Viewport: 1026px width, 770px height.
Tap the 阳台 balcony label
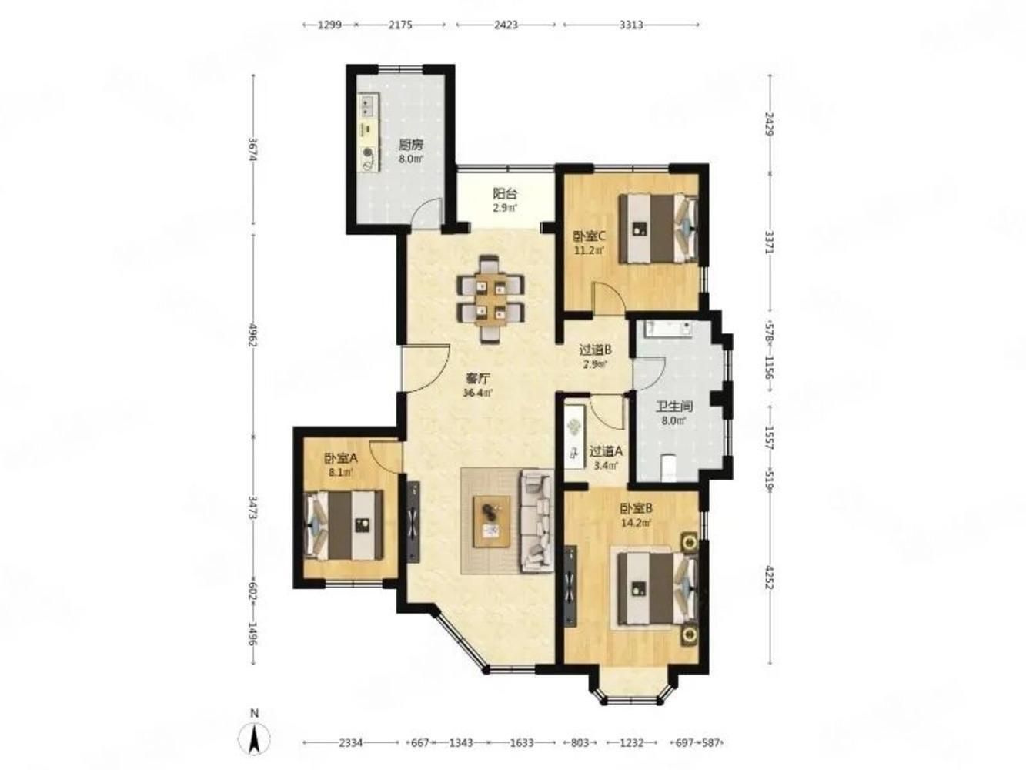(505, 193)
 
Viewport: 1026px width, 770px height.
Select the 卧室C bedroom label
(590, 236)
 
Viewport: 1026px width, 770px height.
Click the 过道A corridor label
(606, 451)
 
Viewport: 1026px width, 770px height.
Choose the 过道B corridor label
(596, 349)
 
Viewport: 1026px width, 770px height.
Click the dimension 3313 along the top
(631, 25)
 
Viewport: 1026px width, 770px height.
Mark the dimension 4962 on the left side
(253, 335)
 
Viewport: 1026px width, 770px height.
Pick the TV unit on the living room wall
(413, 521)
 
